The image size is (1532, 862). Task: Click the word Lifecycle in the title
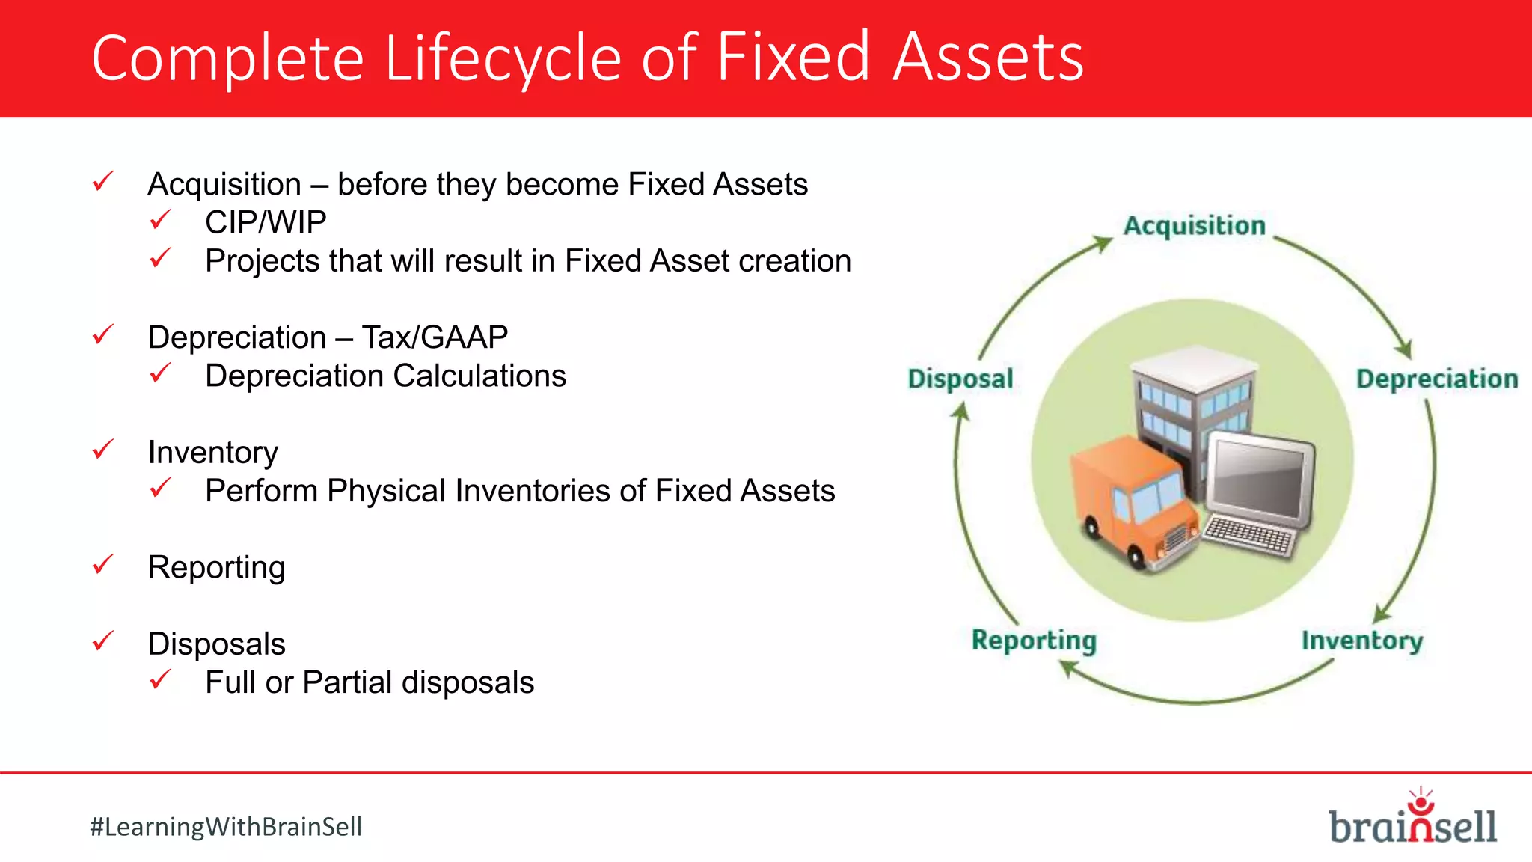[503, 58]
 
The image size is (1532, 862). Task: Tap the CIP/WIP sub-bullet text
[266, 223]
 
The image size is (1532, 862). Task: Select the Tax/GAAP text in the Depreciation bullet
[435, 337]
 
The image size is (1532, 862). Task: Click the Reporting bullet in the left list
[216, 567]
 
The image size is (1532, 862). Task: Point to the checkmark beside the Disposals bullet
[102, 641]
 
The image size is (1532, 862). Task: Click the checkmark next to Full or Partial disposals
[160, 679]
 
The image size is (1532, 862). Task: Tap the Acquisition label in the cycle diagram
[1194, 226]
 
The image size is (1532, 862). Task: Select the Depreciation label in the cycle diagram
[1437, 379]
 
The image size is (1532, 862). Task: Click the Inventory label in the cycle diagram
[1361, 641]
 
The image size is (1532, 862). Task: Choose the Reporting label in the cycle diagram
[1034, 641]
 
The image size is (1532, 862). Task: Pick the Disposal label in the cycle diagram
[960, 379]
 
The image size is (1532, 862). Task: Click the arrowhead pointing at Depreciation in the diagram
[1404, 349]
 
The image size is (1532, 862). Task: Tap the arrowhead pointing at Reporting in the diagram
[1068, 667]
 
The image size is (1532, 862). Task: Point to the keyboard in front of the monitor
[1248, 536]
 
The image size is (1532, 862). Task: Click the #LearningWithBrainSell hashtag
[226, 827]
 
